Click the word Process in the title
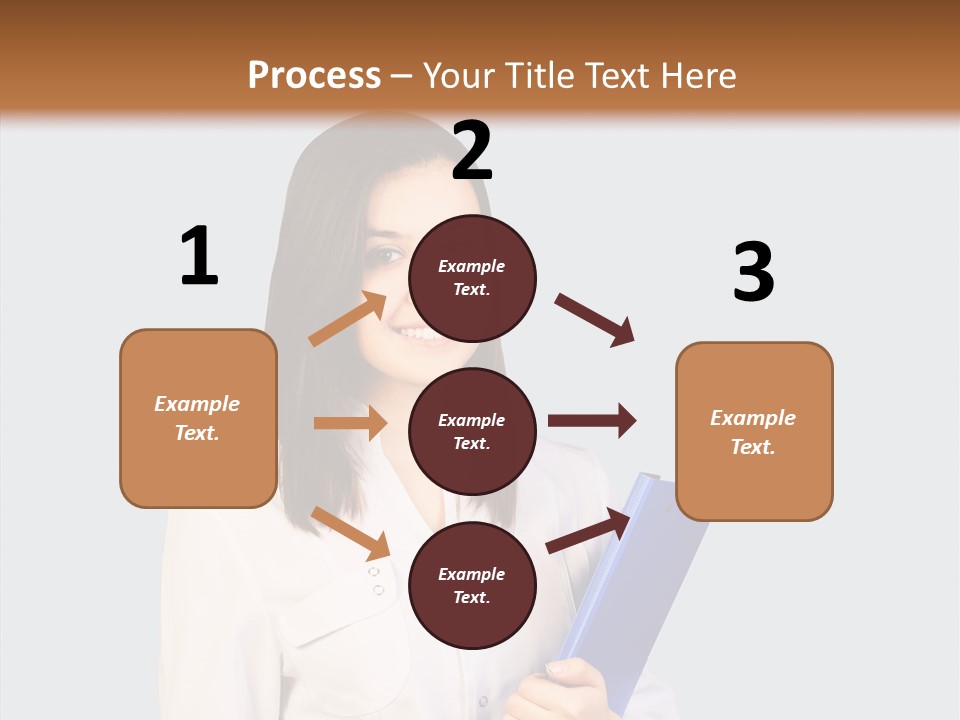coord(314,75)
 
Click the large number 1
coord(199,256)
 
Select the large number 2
coord(472,151)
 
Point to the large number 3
coord(753,272)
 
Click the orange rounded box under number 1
coord(198,418)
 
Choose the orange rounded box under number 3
coord(754,431)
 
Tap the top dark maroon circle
coord(472,278)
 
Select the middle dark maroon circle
coord(472,431)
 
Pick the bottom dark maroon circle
coord(472,585)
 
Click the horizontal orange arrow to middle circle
coord(350,423)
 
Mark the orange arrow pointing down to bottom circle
coord(350,533)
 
